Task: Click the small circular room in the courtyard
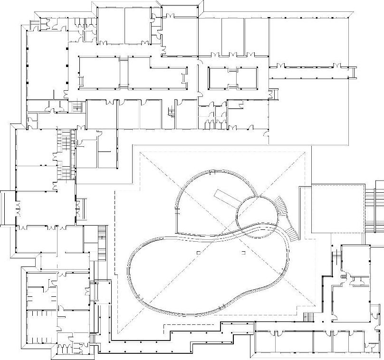click(257, 211)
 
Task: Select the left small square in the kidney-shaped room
click(198, 252)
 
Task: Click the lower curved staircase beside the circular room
click(290, 233)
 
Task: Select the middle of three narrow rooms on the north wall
click(233, 36)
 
